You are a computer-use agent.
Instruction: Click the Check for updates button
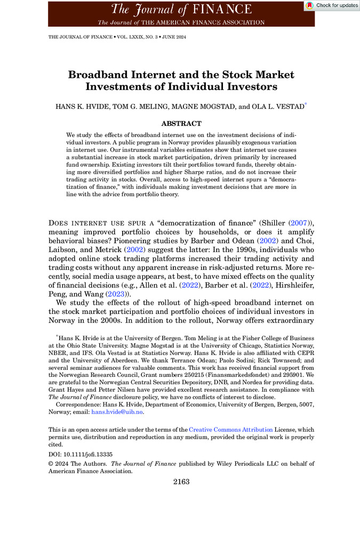coord(332,5)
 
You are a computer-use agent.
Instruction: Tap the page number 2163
coord(181,481)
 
